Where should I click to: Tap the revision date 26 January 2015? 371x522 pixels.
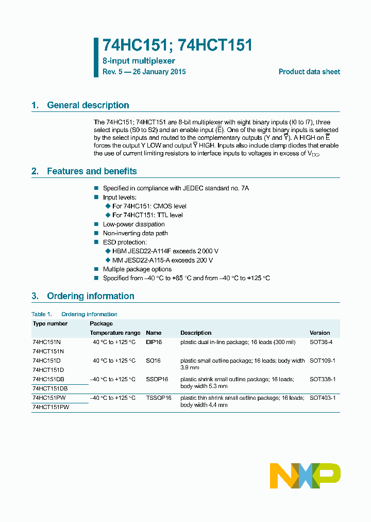point(159,72)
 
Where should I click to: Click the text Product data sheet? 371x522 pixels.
point(309,72)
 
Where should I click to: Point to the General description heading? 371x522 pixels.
point(88,105)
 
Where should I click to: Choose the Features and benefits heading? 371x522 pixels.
point(92,171)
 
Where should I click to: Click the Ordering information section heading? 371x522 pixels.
point(90,296)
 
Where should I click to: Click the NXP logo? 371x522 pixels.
point(305,476)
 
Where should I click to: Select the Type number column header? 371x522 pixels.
point(50,323)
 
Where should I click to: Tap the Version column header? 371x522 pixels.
point(319,333)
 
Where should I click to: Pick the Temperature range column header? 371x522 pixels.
point(115,333)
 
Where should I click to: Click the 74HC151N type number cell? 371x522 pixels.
point(46,342)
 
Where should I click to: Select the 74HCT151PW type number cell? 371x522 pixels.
point(50,407)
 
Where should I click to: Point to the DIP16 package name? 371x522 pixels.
point(154,342)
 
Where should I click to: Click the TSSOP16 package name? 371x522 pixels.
point(158,398)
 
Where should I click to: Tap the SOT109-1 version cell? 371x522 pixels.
point(322,361)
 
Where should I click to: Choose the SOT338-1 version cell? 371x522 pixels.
point(322,379)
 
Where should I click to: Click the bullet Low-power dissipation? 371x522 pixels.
point(133,224)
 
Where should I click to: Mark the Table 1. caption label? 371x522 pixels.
point(42,314)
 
